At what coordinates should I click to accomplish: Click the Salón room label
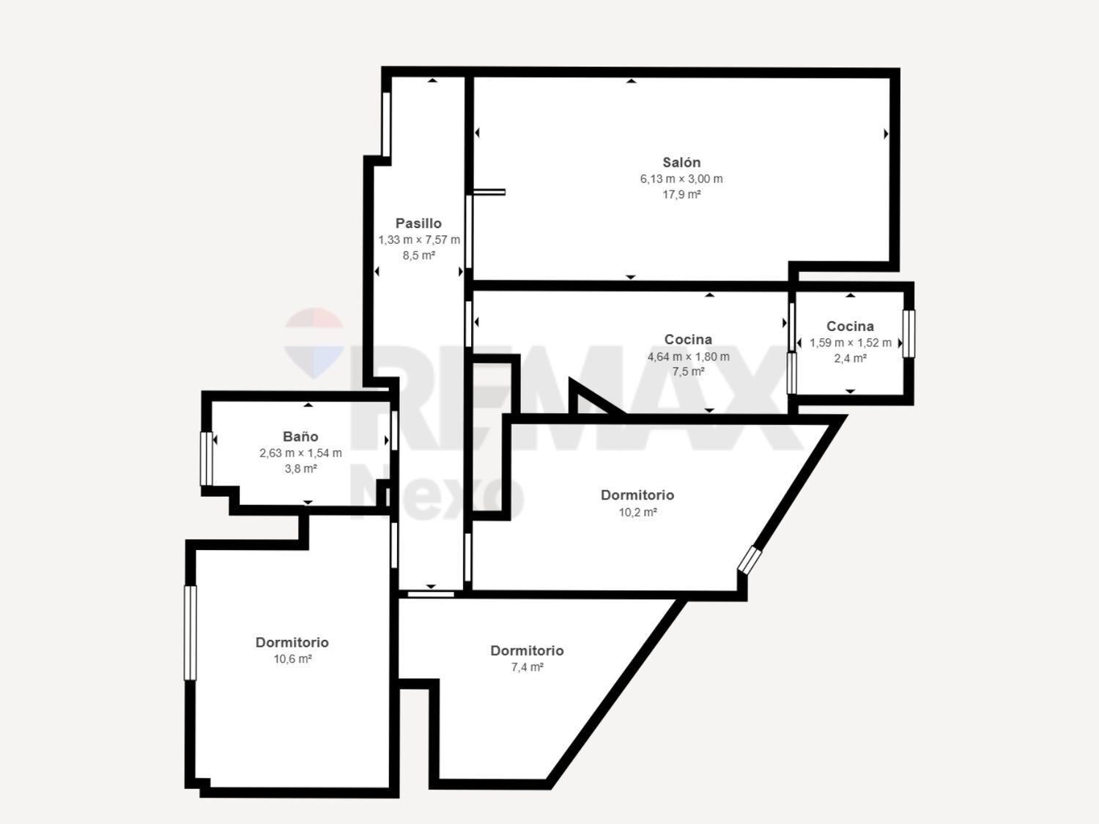[x=681, y=163]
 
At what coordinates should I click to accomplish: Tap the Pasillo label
[x=418, y=223]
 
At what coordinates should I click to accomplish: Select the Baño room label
[x=300, y=437]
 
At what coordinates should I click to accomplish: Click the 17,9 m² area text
[x=681, y=195]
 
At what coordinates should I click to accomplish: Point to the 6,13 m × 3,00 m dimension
[x=681, y=179]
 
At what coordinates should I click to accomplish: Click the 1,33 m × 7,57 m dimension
[x=419, y=240]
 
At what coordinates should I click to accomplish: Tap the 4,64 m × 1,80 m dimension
[x=688, y=357]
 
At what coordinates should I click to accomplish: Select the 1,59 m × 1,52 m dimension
[x=850, y=343]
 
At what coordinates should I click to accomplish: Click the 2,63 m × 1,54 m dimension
[x=300, y=453]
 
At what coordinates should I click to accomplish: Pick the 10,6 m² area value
[x=292, y=658]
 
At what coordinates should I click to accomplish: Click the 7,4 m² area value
[x=527, y=667]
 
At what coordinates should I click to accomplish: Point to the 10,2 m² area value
[x=637, y=512]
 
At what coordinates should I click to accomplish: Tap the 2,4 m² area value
[x=850, y=359]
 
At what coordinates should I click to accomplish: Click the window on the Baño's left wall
[x=207, y=459]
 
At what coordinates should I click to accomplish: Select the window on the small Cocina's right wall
[x=909, y=334]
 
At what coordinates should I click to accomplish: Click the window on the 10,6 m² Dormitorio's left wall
[x=190, y=633]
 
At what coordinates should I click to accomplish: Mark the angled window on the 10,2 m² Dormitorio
[x=750, y=559]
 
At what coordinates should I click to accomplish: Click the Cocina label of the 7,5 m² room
[x=688, y=340]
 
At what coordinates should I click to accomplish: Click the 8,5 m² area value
[x=418, y=256]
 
